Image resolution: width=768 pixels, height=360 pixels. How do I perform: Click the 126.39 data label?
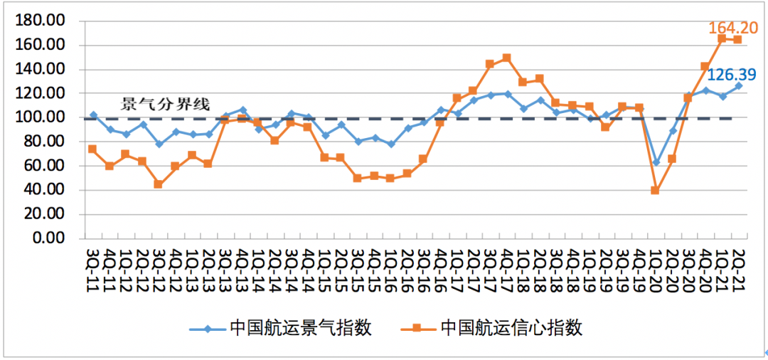click(x=731, y=74)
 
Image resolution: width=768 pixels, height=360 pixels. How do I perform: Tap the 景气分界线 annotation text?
click(x=166, y=104)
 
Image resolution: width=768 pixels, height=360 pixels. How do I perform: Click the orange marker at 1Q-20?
click(x=655, y=191)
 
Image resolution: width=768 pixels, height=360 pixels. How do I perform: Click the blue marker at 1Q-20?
click(x=656, y=162)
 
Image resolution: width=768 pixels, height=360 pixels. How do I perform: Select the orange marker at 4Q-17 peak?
click(x=506, y=58)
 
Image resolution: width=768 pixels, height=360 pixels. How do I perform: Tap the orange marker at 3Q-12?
click(x=158, y=184)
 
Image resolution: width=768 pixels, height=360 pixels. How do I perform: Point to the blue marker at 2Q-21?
click(x=738, y=86)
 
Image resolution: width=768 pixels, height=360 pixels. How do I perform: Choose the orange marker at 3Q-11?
click(x=92, y=149)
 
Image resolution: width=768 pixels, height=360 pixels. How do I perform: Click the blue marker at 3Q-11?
click(x=93, y=115)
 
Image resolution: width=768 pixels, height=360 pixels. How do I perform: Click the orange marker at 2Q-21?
click(x=737, y=40)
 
